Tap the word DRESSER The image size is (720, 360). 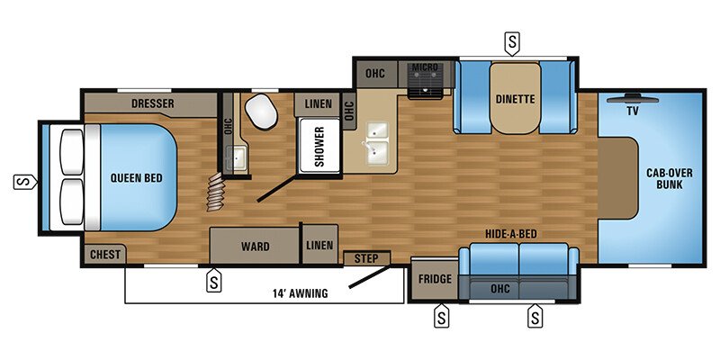152,103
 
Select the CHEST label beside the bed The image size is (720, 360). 105,255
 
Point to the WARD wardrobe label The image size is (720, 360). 256,245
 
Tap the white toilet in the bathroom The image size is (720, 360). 261,112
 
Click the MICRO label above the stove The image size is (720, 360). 425,67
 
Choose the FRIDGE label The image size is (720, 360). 435,278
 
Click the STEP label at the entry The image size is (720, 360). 366,259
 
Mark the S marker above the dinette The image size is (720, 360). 512,41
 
